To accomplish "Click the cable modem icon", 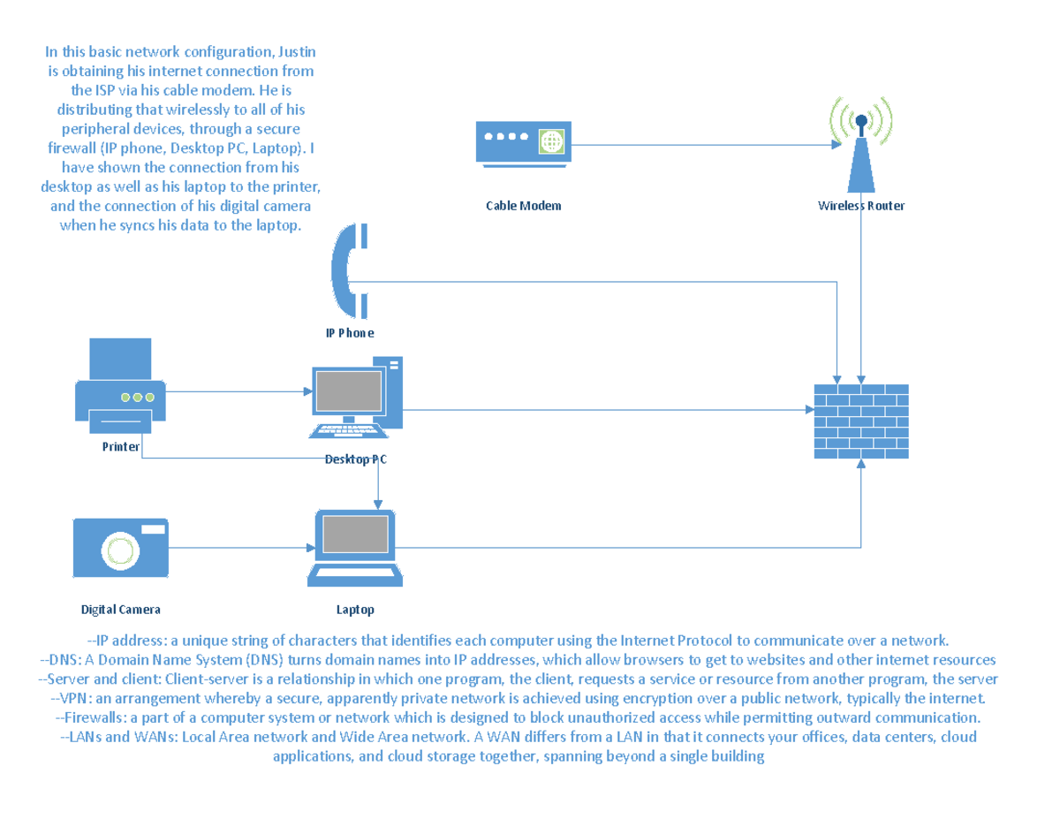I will pyautogui.click(x=523, y=143).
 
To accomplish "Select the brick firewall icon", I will pyautogui.click(x=861, y=421).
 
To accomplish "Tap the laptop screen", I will pyautogui.click(x=355, y=535).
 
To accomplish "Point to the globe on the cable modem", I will pyautogui.click(x=552, y=140).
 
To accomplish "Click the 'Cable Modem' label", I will pyautogui.click(x=523, y=206).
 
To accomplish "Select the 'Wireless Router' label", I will pyautogui.click(x=860, y=206).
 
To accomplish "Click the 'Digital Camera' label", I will pyautogui.click(x=121, y=610).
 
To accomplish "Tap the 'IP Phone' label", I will pyautogui.click(x=349, y=333).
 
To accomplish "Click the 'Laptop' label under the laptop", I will pyautogui.click(x=355, y=610).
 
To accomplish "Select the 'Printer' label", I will pyautogui.click(x=121, y=447).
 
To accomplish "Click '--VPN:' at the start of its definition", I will pyautogui.click(x=72, y=698).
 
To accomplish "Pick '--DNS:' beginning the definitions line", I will pyautogui.click(x=62, y=660).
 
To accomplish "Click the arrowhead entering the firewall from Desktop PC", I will pyautogui.click(x=808, y=409).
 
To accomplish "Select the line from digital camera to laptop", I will pyautogui.click(x=238, y=548).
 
